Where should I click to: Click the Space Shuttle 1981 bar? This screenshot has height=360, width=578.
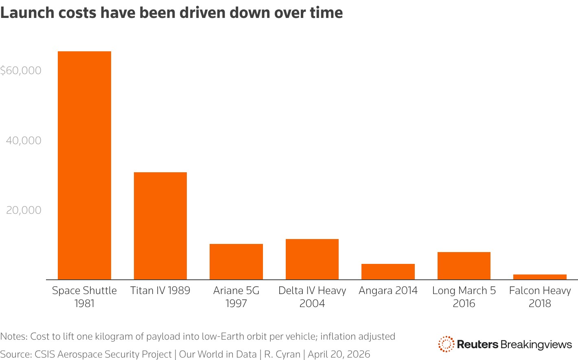[84, 165]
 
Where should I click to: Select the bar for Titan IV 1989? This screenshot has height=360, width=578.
[160, 226]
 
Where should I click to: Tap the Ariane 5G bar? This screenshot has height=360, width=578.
[236, 261]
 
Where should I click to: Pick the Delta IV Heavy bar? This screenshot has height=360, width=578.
[312, 259]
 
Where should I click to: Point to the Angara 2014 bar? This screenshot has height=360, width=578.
[388, 272]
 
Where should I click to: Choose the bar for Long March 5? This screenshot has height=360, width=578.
[464, 266]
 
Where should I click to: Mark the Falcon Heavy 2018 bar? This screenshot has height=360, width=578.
[540, 277]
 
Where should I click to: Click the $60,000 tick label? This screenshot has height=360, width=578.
[21, 70]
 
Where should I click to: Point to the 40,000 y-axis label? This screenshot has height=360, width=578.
[24, 140]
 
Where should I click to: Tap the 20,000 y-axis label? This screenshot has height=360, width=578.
[24, 210]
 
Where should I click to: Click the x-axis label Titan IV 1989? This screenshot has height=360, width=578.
[160, 290]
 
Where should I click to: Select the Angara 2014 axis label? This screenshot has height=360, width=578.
[388, 290]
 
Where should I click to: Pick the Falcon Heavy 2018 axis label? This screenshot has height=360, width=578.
[540, 296]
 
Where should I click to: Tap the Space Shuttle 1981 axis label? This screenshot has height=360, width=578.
[84, 296]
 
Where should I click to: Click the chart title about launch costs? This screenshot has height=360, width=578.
[171, 13]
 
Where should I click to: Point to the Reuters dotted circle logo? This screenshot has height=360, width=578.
[446, 344]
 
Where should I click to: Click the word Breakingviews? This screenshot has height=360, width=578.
[536, 345]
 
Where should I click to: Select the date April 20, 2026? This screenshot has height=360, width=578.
[339, 354]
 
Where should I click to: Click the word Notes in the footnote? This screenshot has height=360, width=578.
[13, 336]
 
